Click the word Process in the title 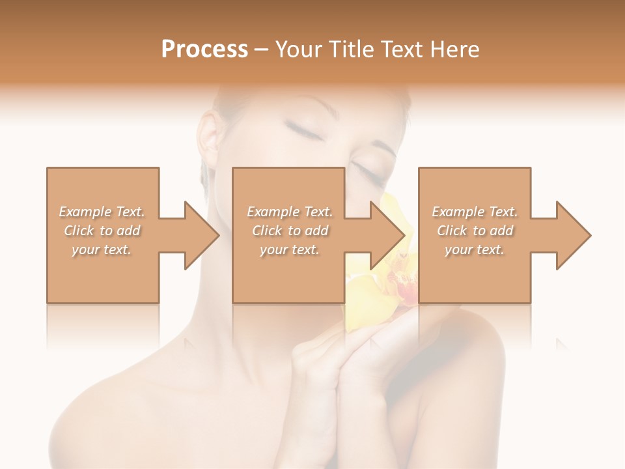pyautogui.click(x=204, y=50)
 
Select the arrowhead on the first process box pyautogui.click(x=198, y=235)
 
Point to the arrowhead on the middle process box pyautogui.click(x=384, y=235)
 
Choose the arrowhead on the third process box pyautogui.click(x=570, y=235)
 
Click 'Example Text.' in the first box pyautogui.click(x=102, y=212)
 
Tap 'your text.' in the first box pyautogui.click(x=102, y=249)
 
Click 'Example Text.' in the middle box pyautogui.click(x=290, y=212)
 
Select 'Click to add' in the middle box pyautogui.click(x=290, y=231)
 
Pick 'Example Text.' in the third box pyautogui.click(x=475, y=212)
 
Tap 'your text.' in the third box pyautogui.click(x=475, y=249)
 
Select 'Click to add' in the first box pyautogui.click(x=102, y=231)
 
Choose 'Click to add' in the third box pyautogui.click(x=475, y=231)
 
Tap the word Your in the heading pyautogui.click(x=299, y=50)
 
